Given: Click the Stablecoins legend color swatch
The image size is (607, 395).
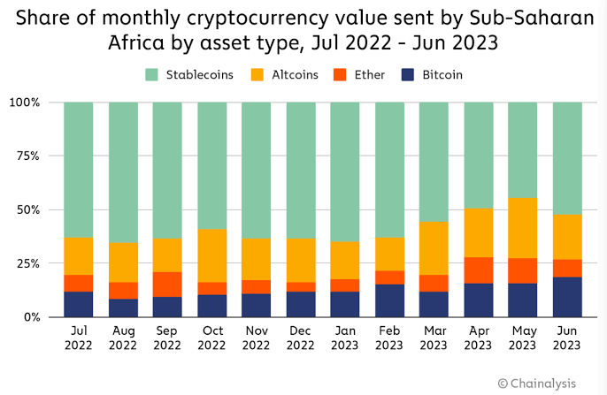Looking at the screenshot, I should click(151, 75).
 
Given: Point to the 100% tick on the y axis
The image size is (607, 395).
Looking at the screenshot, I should click(25, 103).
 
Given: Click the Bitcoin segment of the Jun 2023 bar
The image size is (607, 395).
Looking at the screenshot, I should click(567, 297).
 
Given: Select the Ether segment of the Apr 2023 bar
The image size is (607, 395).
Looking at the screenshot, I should click(479, 270).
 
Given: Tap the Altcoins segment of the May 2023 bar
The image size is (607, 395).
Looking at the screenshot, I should click(523, 228).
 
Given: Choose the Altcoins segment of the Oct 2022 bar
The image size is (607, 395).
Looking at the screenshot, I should click(212, 255).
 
